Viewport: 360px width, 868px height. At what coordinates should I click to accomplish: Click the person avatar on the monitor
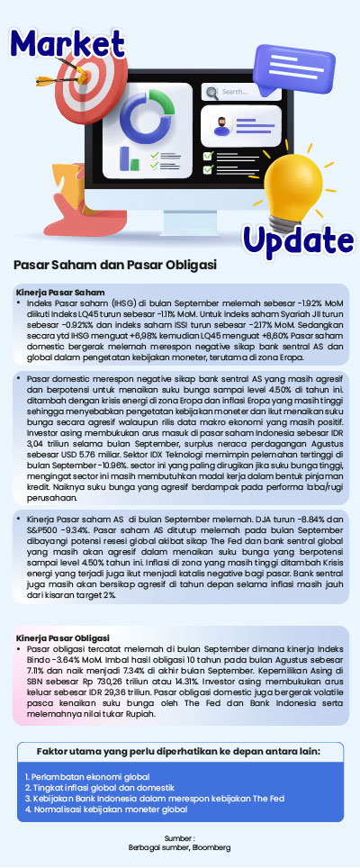221,125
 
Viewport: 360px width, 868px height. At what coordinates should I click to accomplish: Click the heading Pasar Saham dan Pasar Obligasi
114,267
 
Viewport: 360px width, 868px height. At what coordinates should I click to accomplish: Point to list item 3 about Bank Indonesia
154,798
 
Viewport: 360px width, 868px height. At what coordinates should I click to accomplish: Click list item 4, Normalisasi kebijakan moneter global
106,809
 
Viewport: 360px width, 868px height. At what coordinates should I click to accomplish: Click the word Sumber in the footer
180,837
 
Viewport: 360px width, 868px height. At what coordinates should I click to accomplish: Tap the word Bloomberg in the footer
213,847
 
